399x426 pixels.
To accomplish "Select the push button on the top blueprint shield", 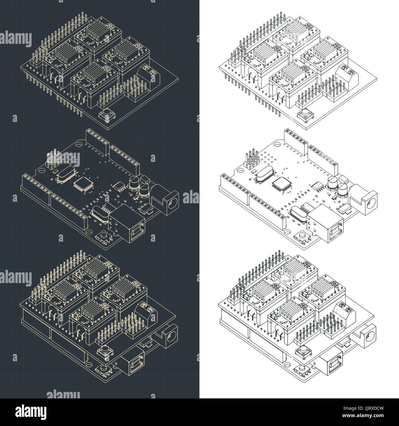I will [x=106, y=116].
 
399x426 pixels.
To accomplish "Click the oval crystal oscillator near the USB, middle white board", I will [x=298, y=212].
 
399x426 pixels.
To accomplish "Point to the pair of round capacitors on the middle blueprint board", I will [x=139, y=185].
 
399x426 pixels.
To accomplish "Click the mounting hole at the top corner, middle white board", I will [x=277, y=144].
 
